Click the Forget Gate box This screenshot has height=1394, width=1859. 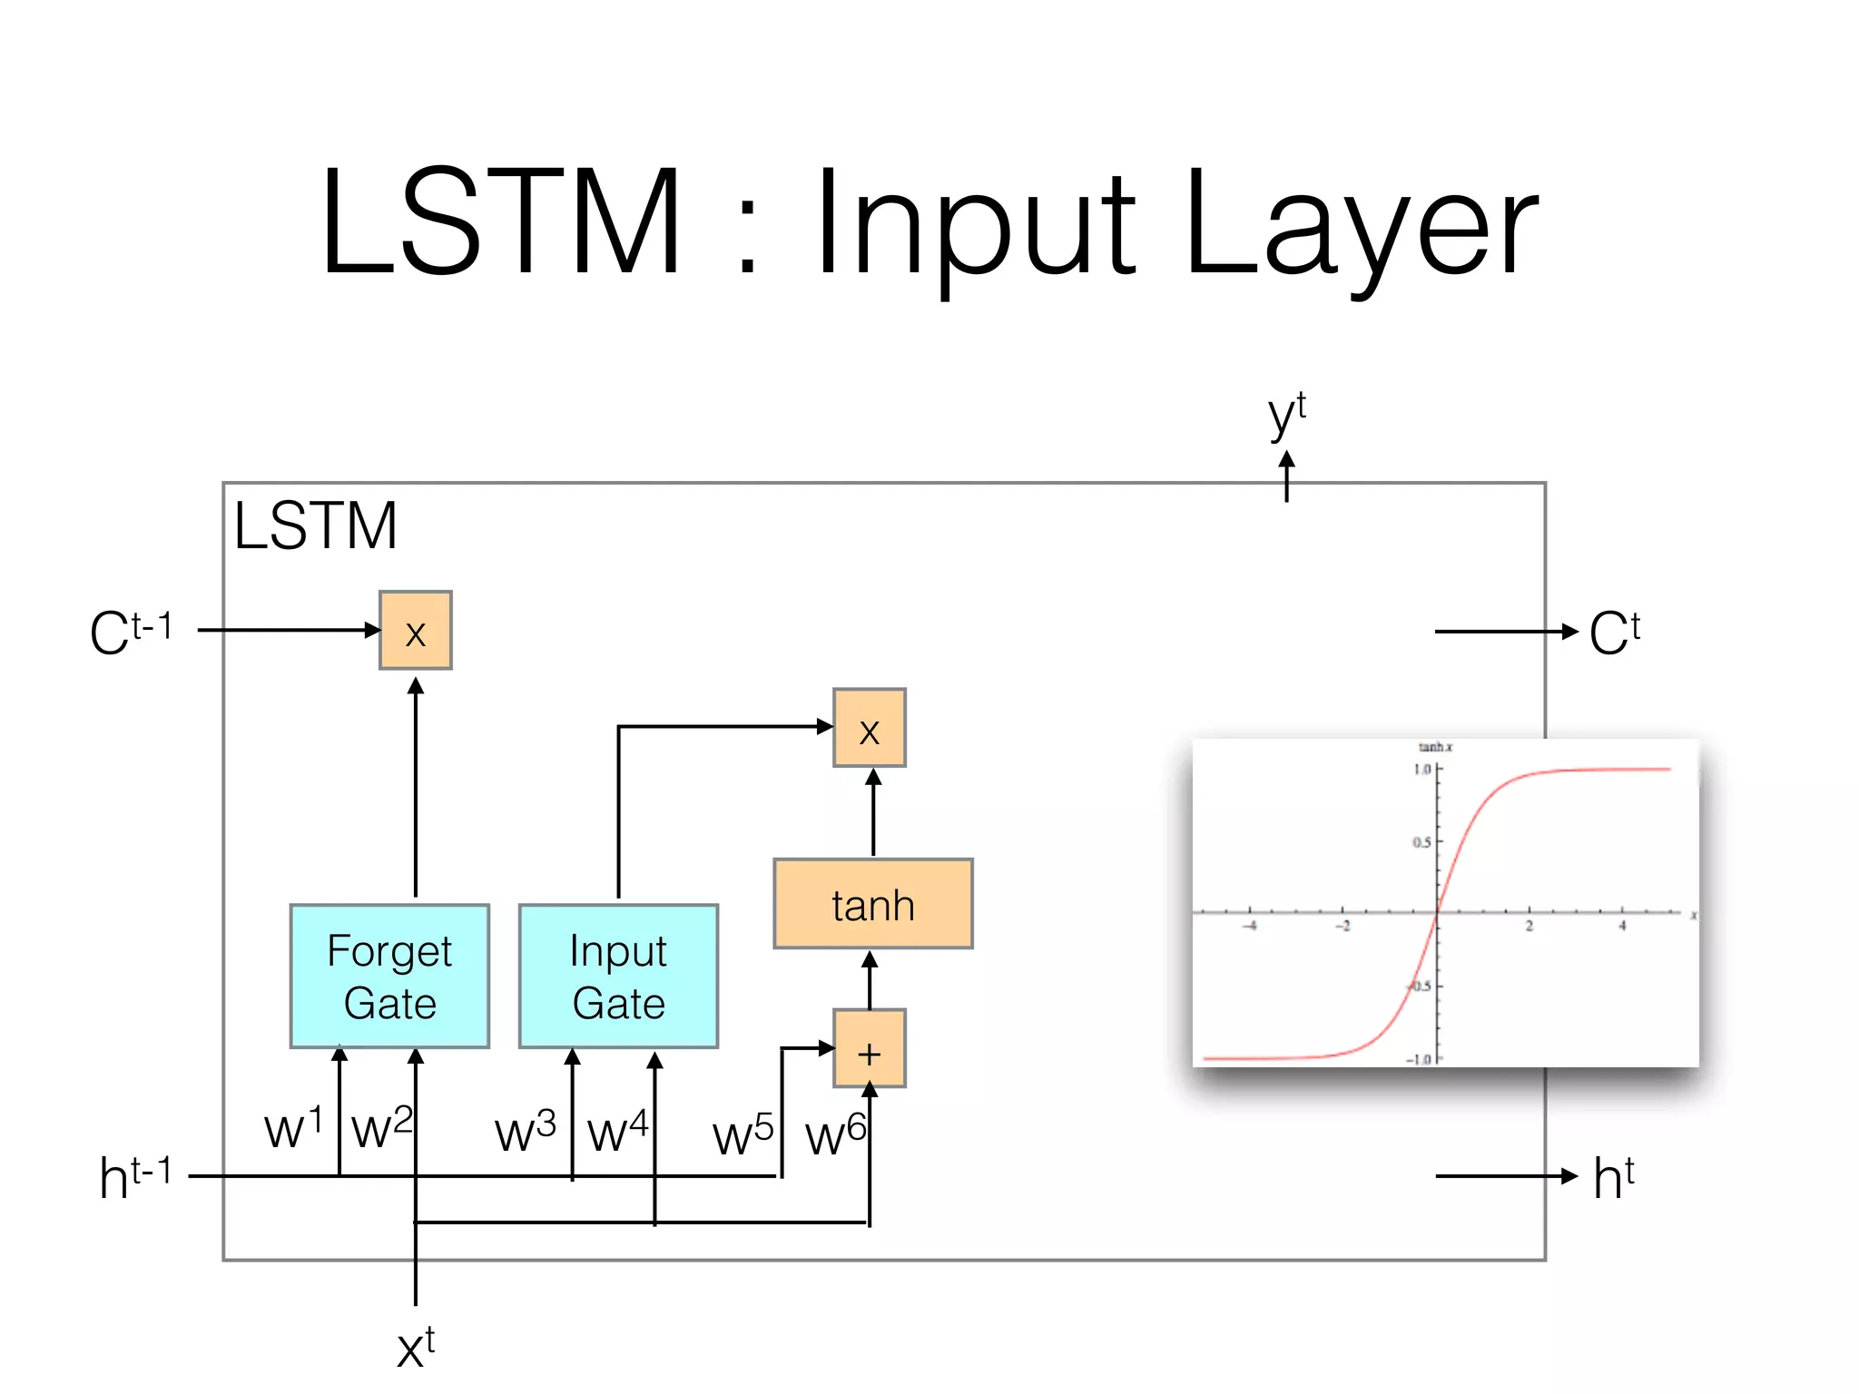[x=389, y=976]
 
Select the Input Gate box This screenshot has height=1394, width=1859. [x=618, y=976]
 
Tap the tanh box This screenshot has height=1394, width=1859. [x=872, y=904]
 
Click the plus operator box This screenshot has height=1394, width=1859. [x=869, y=1048]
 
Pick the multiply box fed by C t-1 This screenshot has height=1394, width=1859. [x=415, y=631]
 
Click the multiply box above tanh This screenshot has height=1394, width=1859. [x=869, y=728]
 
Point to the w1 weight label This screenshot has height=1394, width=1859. [x=292, y=1128]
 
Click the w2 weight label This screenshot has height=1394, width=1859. [x=381, y=1128]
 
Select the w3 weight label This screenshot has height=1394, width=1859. [x=525, y=1131]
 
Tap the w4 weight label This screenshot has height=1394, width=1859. [x=617, y=1131]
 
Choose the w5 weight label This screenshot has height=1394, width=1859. [x=743, y=1134]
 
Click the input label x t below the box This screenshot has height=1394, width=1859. [x=416, y=1348]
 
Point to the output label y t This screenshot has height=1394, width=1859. [x=1286, y=416]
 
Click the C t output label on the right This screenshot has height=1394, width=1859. [x=1614, y=633]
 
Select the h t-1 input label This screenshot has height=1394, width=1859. [x=134, y=1177]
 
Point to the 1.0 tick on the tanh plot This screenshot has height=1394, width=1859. [x=1421, y=770]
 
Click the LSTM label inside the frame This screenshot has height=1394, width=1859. [x=315, y=525]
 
